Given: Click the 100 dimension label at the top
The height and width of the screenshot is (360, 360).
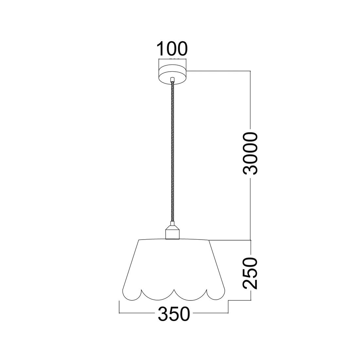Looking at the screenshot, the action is click(x=172, y=49).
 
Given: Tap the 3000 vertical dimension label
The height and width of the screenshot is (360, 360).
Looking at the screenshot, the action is click(x=250, y=153).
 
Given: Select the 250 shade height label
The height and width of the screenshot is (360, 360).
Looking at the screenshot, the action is click(x=250, y=273).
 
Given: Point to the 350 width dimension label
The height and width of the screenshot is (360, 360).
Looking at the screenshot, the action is click(x=174, y=314).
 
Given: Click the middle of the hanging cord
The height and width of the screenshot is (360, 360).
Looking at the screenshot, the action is click(x=172, y=152).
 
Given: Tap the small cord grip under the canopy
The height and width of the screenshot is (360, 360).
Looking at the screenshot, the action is click(x=172, y=80).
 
